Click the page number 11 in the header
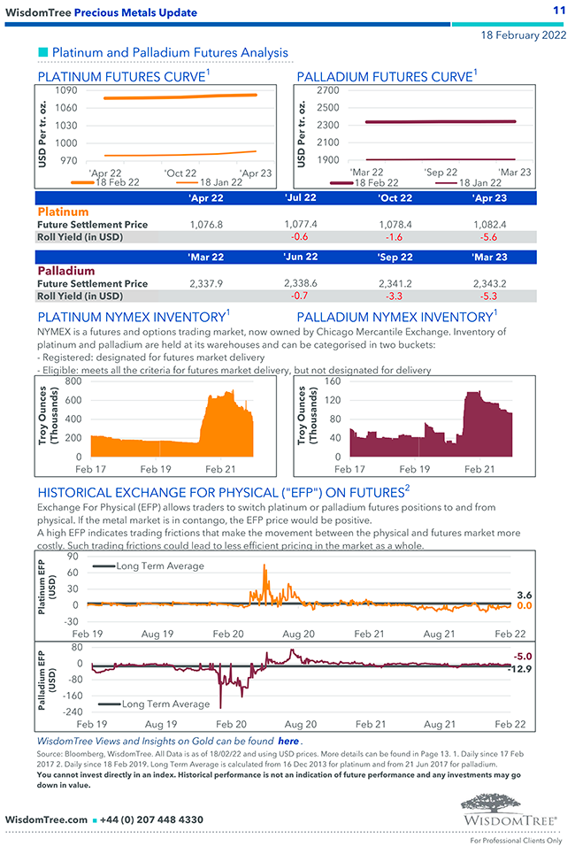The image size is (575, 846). pyautogui.click(x=558, y=10)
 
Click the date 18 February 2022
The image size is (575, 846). pyautogui.click(x=524, y=35)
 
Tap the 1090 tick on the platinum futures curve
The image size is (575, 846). pyautogui.click(x=66, y=90)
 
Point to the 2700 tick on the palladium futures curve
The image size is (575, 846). pyautogui.click(x=327, y=90)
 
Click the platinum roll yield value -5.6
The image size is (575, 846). pyautogui.click(x=489, y=237)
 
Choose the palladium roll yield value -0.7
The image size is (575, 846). pyautogui.click(x=301, y=296)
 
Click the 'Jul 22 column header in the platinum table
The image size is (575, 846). pyautogui.click(x=301, y=198)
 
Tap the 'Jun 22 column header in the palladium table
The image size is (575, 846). pyautogui.click(x=301, y=258)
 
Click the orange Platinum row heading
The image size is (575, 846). pyautogui.click(x=63, y=212)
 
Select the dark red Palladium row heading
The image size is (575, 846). pyautogui.click(x=65, y=271)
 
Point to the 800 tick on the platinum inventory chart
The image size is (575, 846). pyautogui.click(x=73, y=381)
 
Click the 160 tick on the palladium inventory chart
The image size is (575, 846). pyautogui.click(x=332, y=381)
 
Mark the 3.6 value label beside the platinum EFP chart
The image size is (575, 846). pyautogui.click(x=525, y=596)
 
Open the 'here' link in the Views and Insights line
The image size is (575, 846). pyautogui.click(x=288, y=741)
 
